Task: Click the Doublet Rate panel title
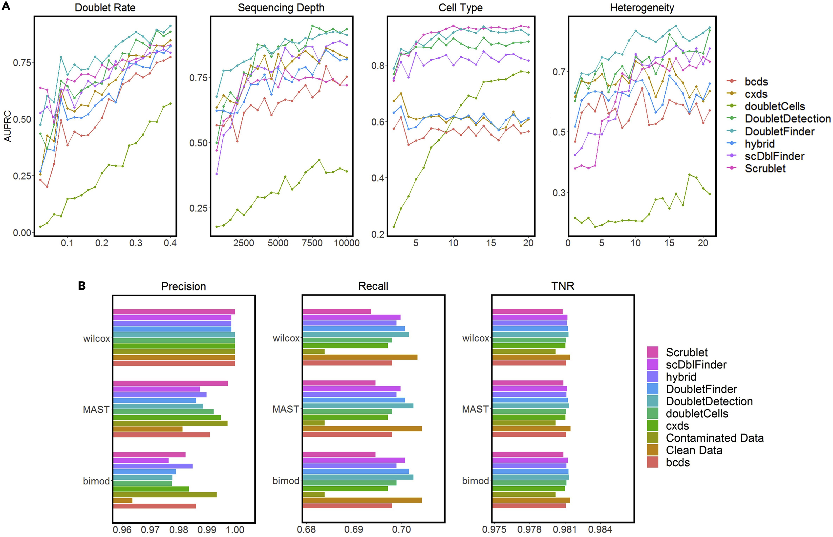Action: point(105,8)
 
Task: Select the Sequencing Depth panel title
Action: point(281,8)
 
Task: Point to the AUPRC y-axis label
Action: point(8,126)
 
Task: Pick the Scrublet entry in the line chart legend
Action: point(765,169)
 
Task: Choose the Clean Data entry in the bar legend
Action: point(694,450)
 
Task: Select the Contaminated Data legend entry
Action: point(714,438)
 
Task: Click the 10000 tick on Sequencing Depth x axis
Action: point(347,243)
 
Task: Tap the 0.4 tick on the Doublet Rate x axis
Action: point(170,243)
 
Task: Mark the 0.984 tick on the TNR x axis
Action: point(600,530)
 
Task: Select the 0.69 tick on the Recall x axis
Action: point(354,530)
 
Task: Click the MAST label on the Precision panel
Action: point(96,409)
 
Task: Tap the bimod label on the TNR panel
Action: point(475,481)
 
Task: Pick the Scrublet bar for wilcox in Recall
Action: point(337,311)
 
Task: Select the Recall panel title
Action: point(373,286)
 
